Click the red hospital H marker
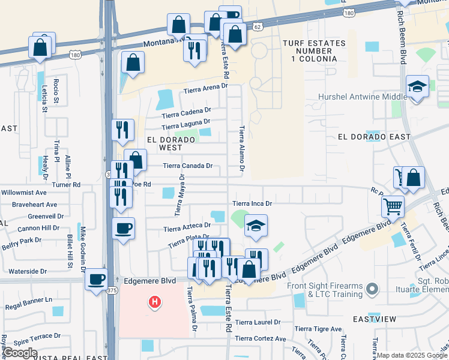(x=155, y=302)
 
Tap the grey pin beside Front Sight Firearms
(x=373, y=290)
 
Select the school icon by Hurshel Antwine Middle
(x=417, y=86)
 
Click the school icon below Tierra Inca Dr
(x=256, y=226)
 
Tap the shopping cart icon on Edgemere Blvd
(x=393, y=206)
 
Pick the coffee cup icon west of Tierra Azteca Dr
(x=124, y=228)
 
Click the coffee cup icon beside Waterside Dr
(x=97, y=278)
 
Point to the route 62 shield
(x=258, y=27)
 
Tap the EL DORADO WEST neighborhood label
(x=171, y=143)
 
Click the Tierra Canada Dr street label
(x=188, y=166)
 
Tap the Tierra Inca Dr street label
(x=253, y=203)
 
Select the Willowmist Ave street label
(x=23, y=193)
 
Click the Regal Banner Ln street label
(x=29, y=299)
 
